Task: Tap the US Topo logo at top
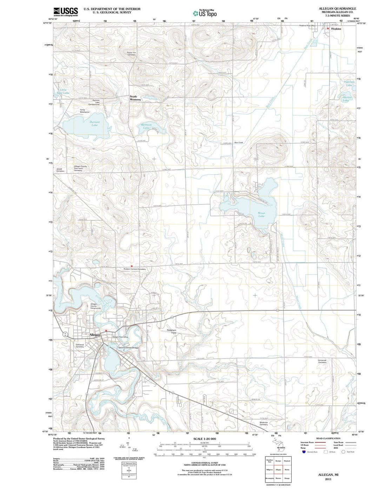pyautogui.click(x=205, y=13)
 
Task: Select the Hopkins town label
pyautogui.click(x=336, y=29)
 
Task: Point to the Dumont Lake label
pyautogui.click(x=94, y=123)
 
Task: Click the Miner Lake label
pyautogui.click(x=261, y=214)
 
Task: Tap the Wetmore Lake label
pyautogui.click(x=146, y=126)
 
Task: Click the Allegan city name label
pyautogui.click(x=95, y=335)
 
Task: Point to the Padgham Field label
pyautogui.click(x=171, y=331)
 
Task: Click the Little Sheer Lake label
pyautogui.click(x=64, y=92)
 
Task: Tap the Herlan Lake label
pyautogui.click(x=345, y=99)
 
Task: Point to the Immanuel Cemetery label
pyautogui.click(x=322, y=361)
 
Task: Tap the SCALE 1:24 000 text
pyautogui.click(x=205, y=439)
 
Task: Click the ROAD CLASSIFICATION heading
pyautogui.click(x=328, y=439)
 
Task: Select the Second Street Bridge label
pyautogui.click(x=128, y=348)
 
